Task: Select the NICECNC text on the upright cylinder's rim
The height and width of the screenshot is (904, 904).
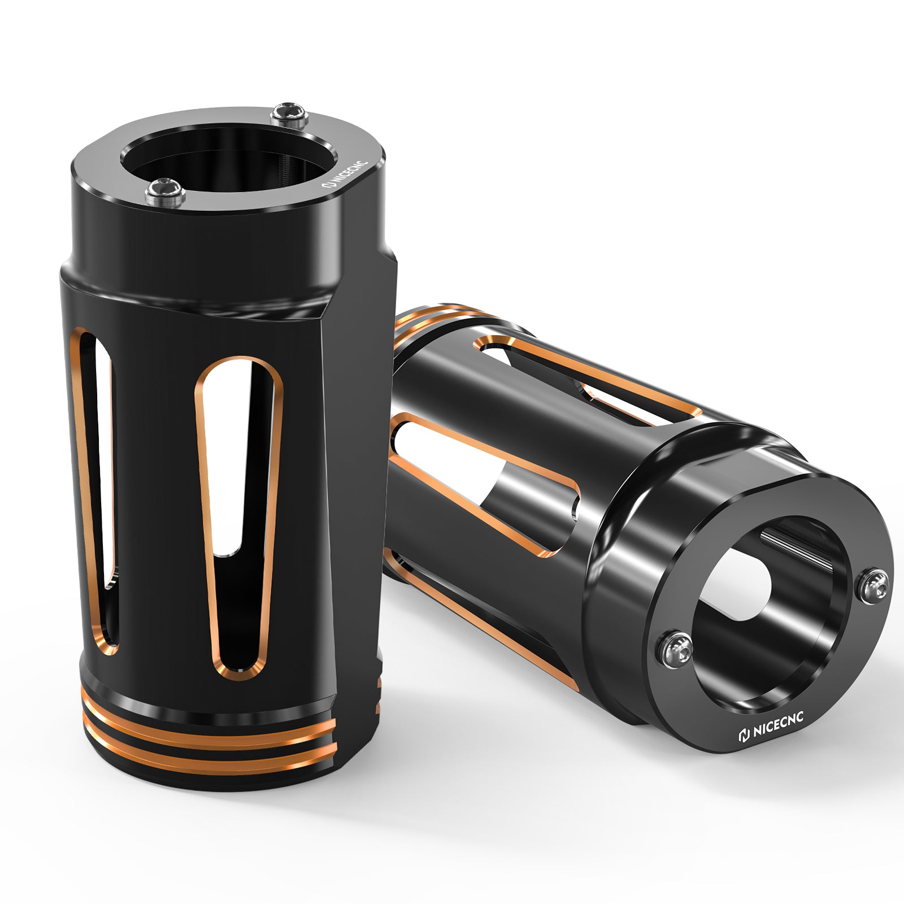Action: [347, 173]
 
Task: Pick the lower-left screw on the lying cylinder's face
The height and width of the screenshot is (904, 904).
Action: [676, 646]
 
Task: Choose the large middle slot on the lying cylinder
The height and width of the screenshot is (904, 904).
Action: [486, 480]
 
